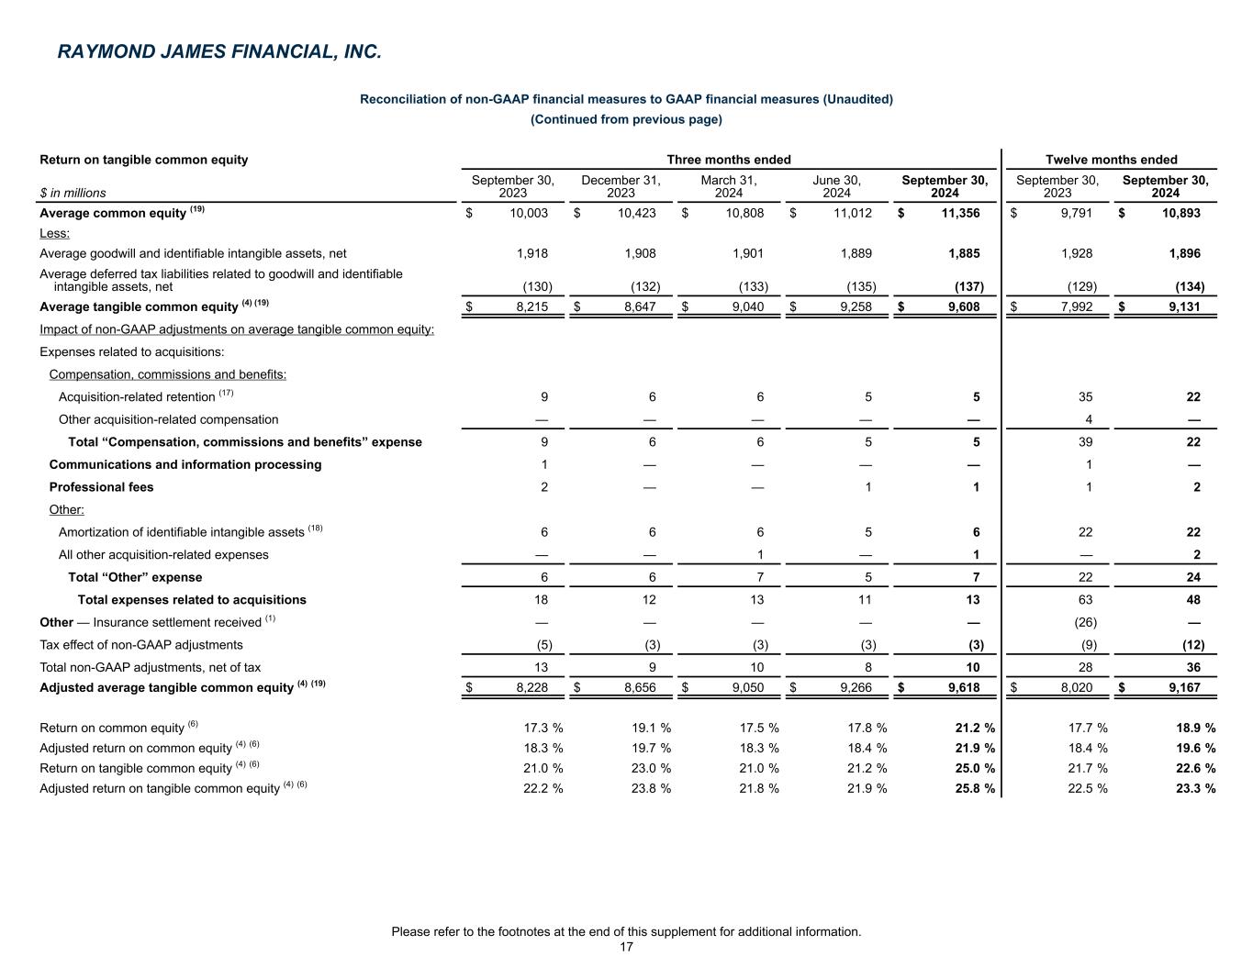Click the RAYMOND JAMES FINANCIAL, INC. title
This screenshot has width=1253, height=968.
click(218, 52)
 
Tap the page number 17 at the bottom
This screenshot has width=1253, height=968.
click(626, 947)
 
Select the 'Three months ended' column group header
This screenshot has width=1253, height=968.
click(728, 160)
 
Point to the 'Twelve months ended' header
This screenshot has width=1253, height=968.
click(1111, 160)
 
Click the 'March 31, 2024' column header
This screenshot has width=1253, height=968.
click(728, 186)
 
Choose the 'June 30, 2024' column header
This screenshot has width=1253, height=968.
click(836, 186)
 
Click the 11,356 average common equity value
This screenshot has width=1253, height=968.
click(960, 213)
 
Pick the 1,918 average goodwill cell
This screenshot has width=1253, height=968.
click(532, 253)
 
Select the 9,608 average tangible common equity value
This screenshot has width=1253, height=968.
click(963, 306)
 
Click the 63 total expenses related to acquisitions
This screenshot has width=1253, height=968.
click(1089, 600)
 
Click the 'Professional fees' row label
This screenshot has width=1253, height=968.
click(101, 487)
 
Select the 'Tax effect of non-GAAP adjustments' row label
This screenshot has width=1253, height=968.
click(141, 645)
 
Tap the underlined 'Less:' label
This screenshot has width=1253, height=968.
click(54, 233)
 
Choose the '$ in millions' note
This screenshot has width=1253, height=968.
click(73, 193)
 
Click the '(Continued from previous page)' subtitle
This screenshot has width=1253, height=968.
click(626, 119)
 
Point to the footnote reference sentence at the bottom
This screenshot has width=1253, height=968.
click(626, 931)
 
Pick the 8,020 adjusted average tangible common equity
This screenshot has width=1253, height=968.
click(1075, 686)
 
